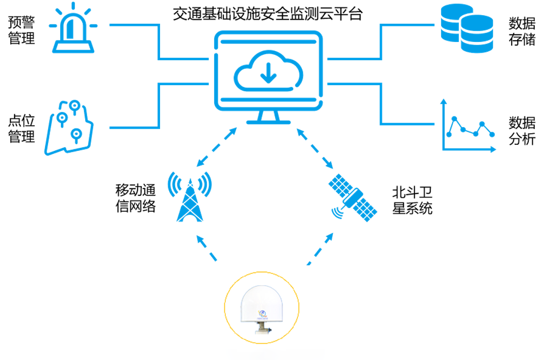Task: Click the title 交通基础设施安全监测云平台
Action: click(x=267, y=14)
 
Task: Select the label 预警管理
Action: click(x=22, y=30)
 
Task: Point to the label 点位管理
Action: click(x=22, y=129)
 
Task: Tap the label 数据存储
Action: click(x=522, y=31)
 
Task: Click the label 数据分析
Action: click(x=522, y=130)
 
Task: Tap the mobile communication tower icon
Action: click(x=189, y=197)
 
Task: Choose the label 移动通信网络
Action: click(x=135, y=198)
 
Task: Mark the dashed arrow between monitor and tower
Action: click(x=217, y=147)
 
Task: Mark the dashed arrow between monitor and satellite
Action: click(x=315, y=148)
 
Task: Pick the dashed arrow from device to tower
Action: click(x=208, y=249)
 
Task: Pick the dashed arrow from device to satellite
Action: click(x=320, y=249)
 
